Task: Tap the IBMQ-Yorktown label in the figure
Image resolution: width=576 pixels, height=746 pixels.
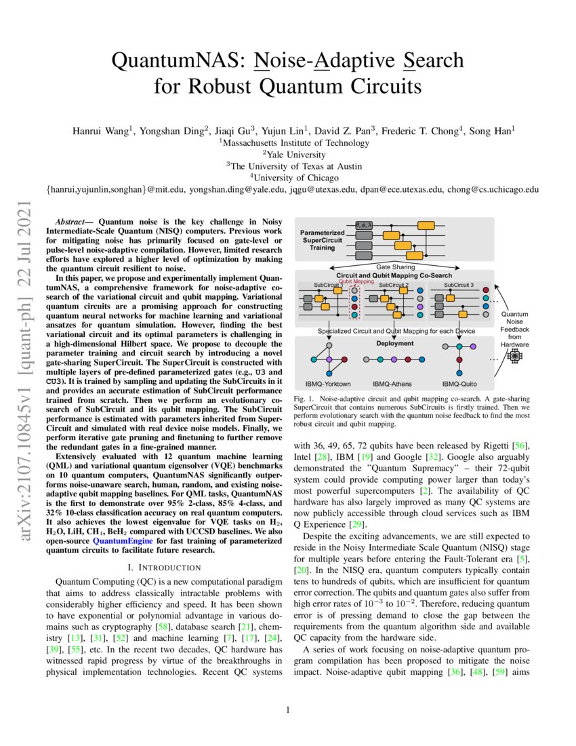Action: click(x=328, y=384)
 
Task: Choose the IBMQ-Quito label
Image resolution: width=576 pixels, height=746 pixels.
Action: click(x=459, y=384)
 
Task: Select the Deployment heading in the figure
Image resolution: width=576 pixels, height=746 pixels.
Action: click(x=394, y=343)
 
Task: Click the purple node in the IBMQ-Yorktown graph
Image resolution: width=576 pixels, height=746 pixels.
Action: click(x=328, y=358)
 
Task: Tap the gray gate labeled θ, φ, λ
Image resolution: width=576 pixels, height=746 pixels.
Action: click(x=365, y=224)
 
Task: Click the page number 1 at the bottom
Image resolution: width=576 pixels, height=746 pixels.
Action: click(x=288, y=710)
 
